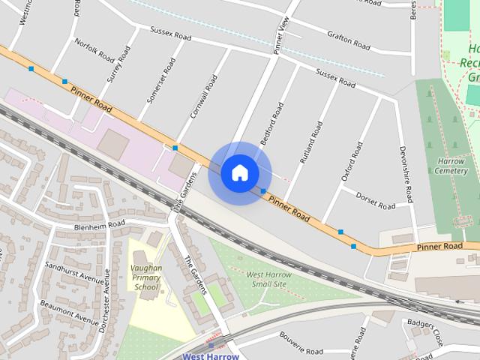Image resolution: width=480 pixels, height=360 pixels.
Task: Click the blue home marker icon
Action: (x=239, y=172)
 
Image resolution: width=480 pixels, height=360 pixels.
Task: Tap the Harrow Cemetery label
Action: (x=451, y=166)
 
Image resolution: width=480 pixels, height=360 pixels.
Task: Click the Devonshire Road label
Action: (x=406, y=174)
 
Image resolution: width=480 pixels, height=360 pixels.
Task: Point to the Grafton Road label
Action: (x=348, y=40)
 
